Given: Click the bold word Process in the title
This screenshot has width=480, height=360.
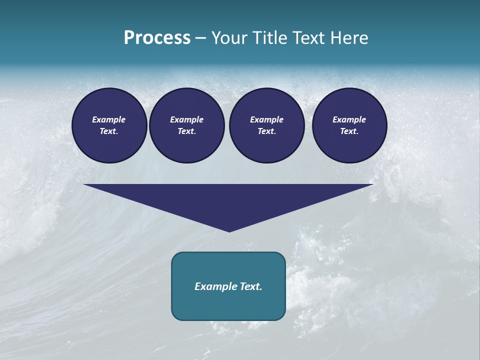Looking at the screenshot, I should (x=157, y=37).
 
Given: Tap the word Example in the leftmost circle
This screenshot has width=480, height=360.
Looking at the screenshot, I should (x=109, y=119).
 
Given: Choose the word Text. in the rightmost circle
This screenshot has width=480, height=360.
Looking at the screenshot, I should (x=349, y=131).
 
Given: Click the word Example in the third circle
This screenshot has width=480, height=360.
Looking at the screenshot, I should (x=266, y=119).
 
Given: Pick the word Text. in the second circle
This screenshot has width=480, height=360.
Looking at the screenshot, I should (x=186, y=131).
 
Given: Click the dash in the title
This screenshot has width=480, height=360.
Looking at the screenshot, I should (x=200, y=38).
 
